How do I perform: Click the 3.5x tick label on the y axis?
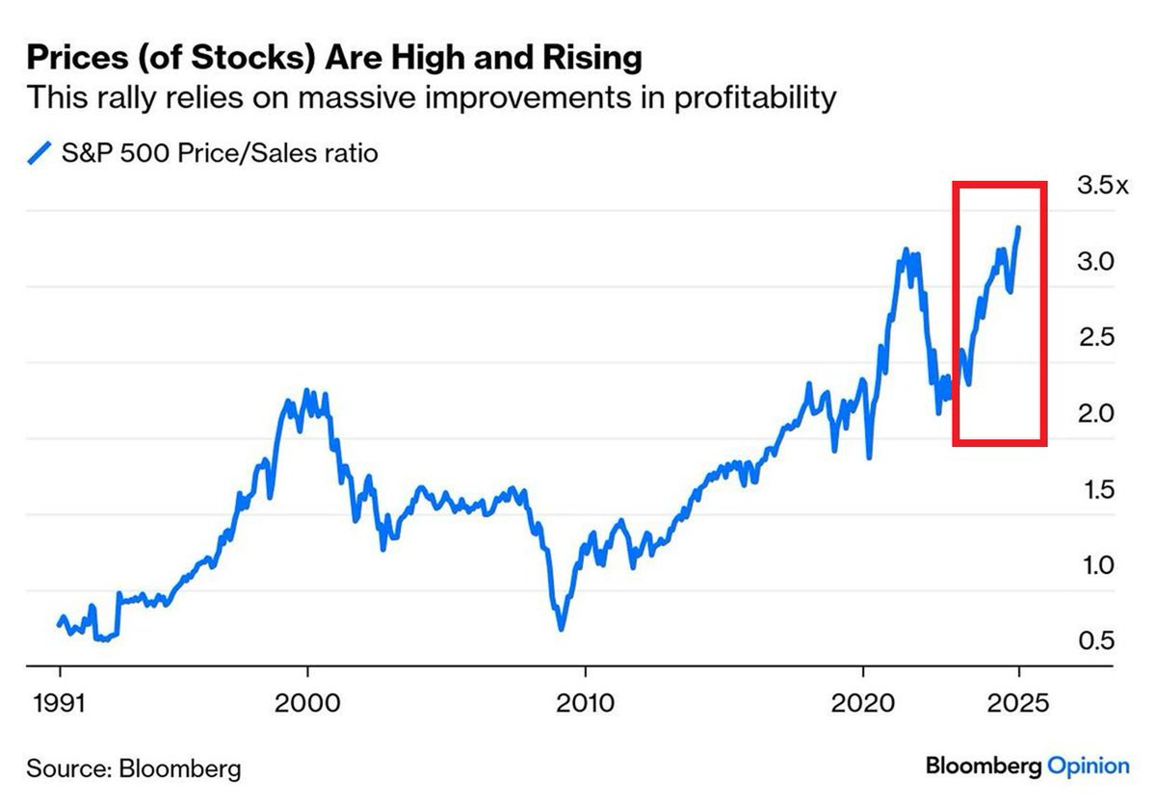1101,185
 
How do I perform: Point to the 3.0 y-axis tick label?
1095,261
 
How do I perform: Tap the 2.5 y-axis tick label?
1095,337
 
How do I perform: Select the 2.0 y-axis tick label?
1095,413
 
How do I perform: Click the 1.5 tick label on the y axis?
1095,489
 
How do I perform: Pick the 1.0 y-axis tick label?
1095,565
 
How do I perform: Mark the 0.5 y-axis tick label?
1095,641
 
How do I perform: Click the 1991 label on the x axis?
60,702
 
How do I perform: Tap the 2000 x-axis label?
307,702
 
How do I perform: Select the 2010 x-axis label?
586,702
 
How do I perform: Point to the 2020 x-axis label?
863,702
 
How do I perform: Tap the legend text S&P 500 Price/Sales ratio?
220,153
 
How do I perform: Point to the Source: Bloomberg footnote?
133,768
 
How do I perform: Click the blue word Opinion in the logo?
1088,767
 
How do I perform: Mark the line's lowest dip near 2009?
561,628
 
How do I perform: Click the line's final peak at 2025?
1018,228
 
